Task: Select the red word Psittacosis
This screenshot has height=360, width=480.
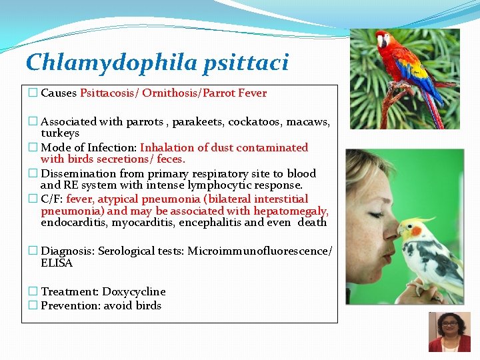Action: coord(109,93)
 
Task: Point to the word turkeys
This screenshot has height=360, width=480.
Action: coord(60,133)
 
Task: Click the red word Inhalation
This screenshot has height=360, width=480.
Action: coord(166,147)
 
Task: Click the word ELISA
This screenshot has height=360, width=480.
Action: coord(57,263)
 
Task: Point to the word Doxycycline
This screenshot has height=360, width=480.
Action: coord(134,292)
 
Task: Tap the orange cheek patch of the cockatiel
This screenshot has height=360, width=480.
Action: coord(417,231)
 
